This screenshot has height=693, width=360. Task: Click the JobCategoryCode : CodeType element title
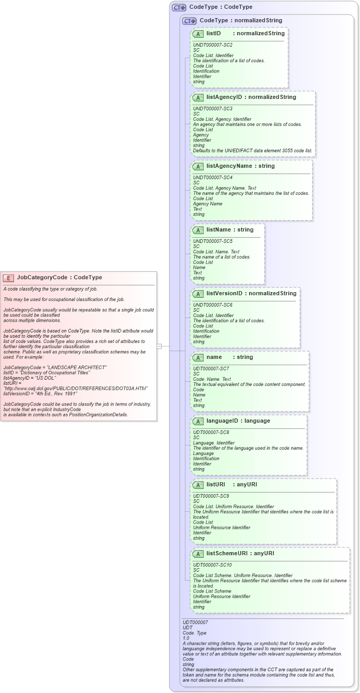[59, 278]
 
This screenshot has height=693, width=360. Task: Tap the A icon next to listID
[198, 34]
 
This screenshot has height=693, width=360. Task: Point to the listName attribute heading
[223, 229]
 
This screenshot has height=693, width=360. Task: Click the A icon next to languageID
[198, 421]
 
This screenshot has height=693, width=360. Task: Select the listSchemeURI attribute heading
[226, 554]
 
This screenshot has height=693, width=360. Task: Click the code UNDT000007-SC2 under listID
[212, 45]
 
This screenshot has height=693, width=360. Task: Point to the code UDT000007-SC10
[212, 565]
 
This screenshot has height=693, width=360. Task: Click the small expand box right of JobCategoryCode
[160, 346]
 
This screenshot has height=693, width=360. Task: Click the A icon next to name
[198, 357]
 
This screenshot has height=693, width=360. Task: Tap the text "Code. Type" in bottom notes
[195, 633]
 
